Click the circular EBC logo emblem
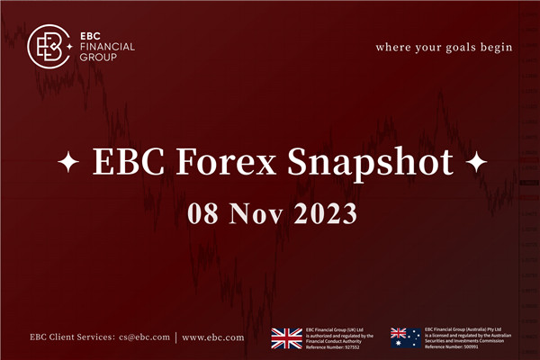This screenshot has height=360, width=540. pyautogui.click(x=49, y=44)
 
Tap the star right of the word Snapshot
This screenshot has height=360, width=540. pyautogui.click(x=477, y=165)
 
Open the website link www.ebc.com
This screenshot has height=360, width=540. pyautogui.click(x=212, y=337)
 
